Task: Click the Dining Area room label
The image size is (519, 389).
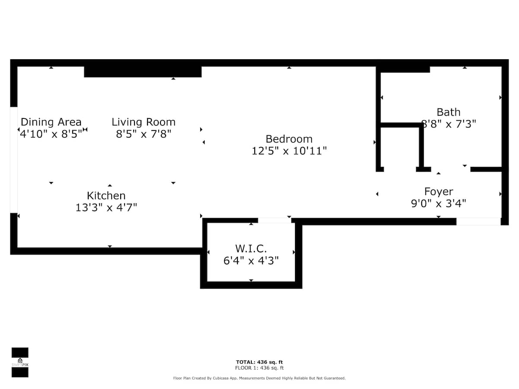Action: [51, 122]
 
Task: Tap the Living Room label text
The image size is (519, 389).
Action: [144, 122]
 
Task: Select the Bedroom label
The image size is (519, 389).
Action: [289, 139]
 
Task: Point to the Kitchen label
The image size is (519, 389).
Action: [106, 195]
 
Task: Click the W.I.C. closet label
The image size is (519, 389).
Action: [251, 249]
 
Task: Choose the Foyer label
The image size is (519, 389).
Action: [439, 191]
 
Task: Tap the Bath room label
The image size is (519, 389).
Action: [449, 112]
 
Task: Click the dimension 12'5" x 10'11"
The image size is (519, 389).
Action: [289, 151]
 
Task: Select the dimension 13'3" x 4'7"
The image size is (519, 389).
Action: [106, 207]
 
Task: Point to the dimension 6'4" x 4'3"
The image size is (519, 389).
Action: [251, 261]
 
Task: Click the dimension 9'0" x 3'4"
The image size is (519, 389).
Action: [439, 204]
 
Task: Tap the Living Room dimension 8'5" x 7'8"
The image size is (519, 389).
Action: [144, 134]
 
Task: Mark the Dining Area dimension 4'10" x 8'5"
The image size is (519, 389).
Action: [51, 134]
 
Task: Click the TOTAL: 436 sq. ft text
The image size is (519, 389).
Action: [259, 362]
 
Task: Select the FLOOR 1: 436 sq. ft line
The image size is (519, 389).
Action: [259, 368]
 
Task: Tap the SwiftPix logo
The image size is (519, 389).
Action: [20, 362]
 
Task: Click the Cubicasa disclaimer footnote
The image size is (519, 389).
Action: [259, 378]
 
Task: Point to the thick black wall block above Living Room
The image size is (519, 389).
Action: [143, 72]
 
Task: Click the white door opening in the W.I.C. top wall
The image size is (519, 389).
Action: [275, 220]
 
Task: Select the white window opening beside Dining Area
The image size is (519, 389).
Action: [14, 160]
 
